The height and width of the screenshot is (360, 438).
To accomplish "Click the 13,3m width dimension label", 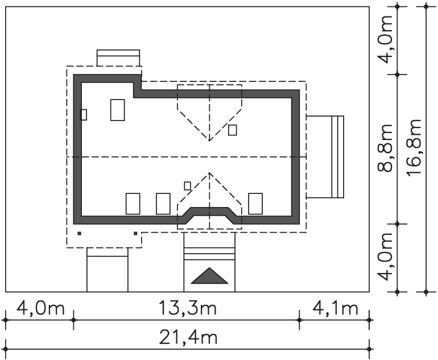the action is [x=188, y=309].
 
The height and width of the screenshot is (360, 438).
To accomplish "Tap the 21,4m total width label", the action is [x=188, y=337].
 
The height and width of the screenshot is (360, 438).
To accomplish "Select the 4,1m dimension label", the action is [x=335, y=309].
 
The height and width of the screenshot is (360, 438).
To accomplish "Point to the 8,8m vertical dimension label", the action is [x=385, y=148].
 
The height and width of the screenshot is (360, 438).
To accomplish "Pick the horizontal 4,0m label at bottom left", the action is [x=40, y=309].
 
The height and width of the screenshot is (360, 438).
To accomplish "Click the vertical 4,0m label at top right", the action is [x=385, y=39].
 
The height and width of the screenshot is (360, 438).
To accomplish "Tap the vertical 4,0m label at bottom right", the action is [x=385, y=256].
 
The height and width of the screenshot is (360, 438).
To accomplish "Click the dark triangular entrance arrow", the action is [x=209, y=276].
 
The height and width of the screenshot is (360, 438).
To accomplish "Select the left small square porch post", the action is [x=79, y=233].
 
